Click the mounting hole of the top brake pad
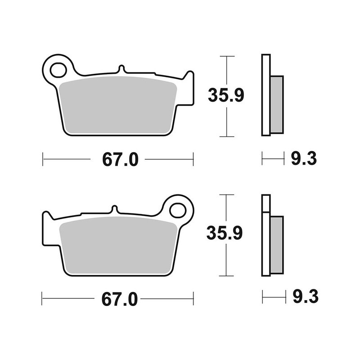pyautogui.click(x=58, y=70)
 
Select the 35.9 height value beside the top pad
pyautogui.click(x=225, y=96)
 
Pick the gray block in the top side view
pyautogui.click(x=277, y=104)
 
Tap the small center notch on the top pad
pyautogui.click(x=120, y=69)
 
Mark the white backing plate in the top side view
pyautogui.click(x=265, y=94)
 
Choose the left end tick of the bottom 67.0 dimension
pyautogui.click(x=42, y=297)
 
